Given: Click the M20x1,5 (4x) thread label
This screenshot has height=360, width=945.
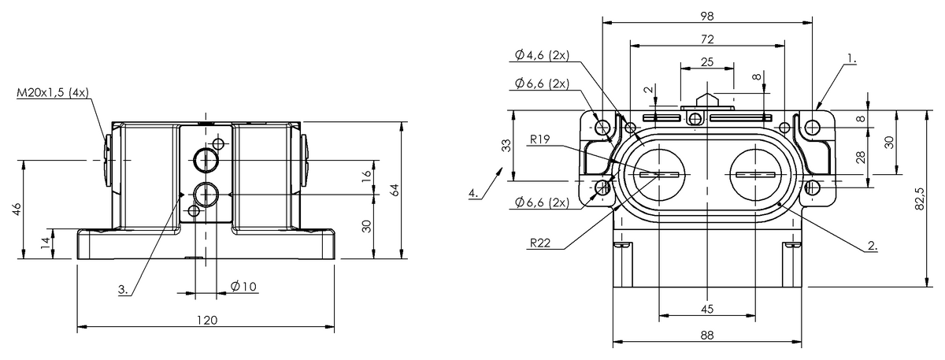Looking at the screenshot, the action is point(53,93).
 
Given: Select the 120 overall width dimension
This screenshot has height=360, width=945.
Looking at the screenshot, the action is point(207,321).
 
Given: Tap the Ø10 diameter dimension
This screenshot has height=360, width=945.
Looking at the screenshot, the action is point(244,287).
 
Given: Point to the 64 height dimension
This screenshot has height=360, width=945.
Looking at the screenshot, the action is point(395,190).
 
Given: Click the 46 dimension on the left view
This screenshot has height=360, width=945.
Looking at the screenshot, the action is point(17,210).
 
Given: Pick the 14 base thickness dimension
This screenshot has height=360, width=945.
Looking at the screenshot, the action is point(45,243).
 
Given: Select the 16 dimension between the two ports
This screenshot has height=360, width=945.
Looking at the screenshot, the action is point(367,175).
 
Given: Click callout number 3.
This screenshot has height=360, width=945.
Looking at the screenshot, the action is point(123,290).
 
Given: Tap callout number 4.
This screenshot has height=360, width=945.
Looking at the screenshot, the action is point(473,193).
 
